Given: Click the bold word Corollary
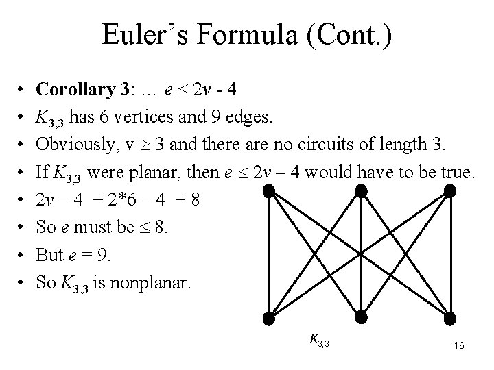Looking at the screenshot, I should tap(74, 89).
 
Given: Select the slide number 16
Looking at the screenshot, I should tap(459, 346).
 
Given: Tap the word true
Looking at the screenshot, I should tap(456, 175).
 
